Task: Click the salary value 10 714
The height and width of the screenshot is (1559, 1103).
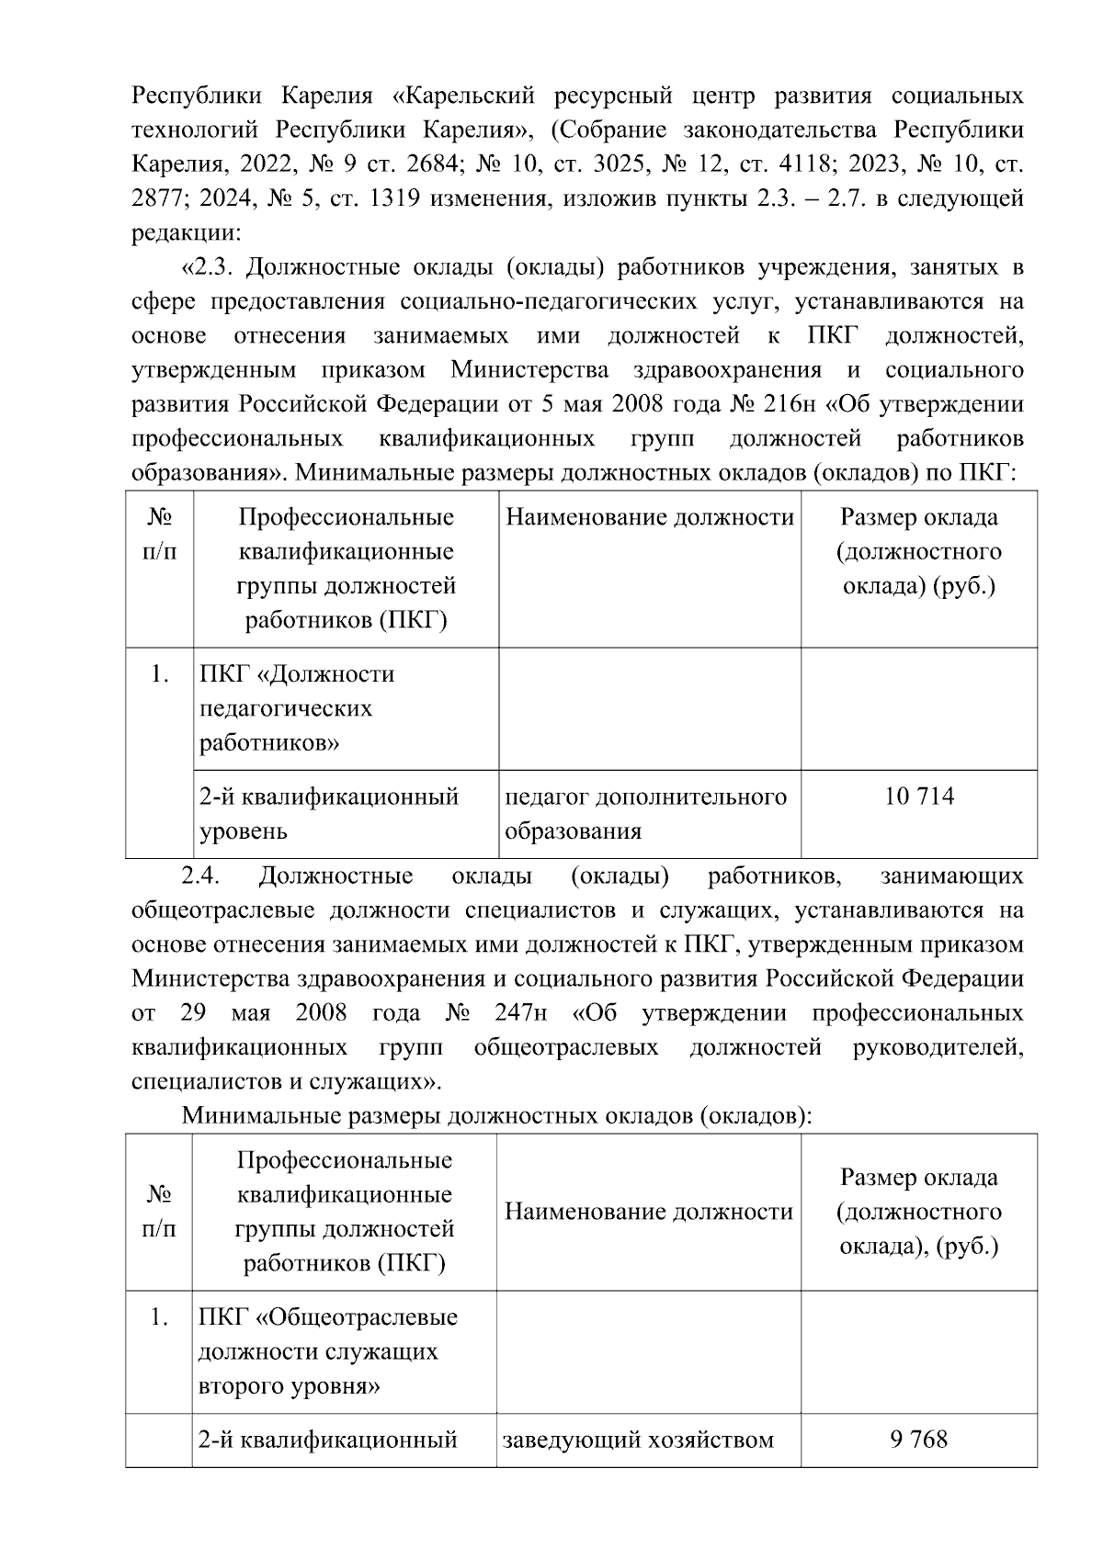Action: [x=919, y=796]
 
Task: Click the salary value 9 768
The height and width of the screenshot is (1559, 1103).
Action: [x=918, y=1439]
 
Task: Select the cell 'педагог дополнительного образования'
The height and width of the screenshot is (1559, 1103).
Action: [x=647, y=814]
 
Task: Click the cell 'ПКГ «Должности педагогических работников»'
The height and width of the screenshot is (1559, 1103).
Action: [x=345, y=708]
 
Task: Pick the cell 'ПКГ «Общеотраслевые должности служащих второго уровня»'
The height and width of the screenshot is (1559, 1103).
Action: [x=345, y=1351]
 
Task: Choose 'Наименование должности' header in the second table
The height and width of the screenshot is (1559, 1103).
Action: [x=649, y=1213]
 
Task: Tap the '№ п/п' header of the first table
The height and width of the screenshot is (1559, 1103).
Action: [x=160, y=535]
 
